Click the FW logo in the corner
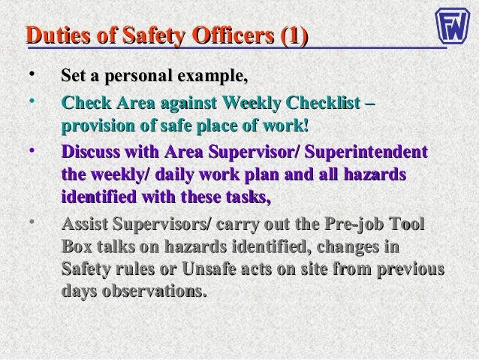454,26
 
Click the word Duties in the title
55,35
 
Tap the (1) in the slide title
291,35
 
